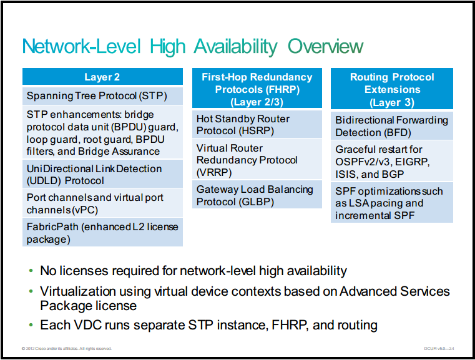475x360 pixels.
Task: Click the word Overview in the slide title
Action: click(325, 46)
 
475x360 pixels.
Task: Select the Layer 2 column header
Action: click(102, 77)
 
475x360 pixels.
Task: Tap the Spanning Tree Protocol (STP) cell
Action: click(102, 96)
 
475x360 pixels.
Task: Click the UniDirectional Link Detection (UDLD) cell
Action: click(102, 174)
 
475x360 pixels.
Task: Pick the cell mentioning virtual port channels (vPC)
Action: click(102, 203)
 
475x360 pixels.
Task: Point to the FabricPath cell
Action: click(102, 232)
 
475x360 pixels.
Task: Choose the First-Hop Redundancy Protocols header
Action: click(257, 88)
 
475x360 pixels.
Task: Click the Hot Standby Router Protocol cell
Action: click(257, 124)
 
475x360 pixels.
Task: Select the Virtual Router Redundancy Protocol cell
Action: click(257, 159)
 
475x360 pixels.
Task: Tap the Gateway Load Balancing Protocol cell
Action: click(257, 195)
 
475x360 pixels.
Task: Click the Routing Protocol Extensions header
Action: click(392, 89)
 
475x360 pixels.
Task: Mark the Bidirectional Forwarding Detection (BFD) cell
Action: click(392, 125)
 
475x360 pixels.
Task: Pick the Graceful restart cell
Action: click(392, 161)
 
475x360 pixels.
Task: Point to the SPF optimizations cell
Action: click(392, 203)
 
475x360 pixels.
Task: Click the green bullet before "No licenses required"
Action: click(31, 271)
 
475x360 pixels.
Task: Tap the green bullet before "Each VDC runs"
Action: click(31, 325)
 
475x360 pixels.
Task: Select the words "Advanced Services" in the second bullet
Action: click(394, 291)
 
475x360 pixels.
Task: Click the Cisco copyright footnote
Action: click(67, 349)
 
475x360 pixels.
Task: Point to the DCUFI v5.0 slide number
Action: click(439, 349)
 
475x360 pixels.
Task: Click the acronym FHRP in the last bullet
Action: click(289, 325)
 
